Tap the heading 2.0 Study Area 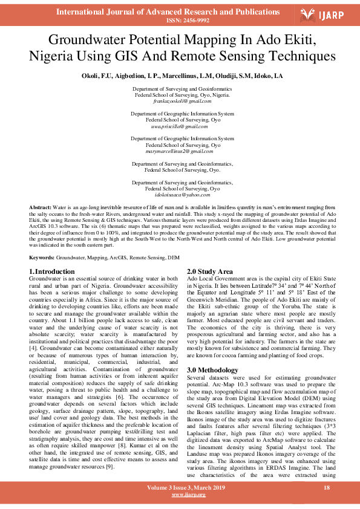tap(209, 271)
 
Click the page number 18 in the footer tap(327, 487)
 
